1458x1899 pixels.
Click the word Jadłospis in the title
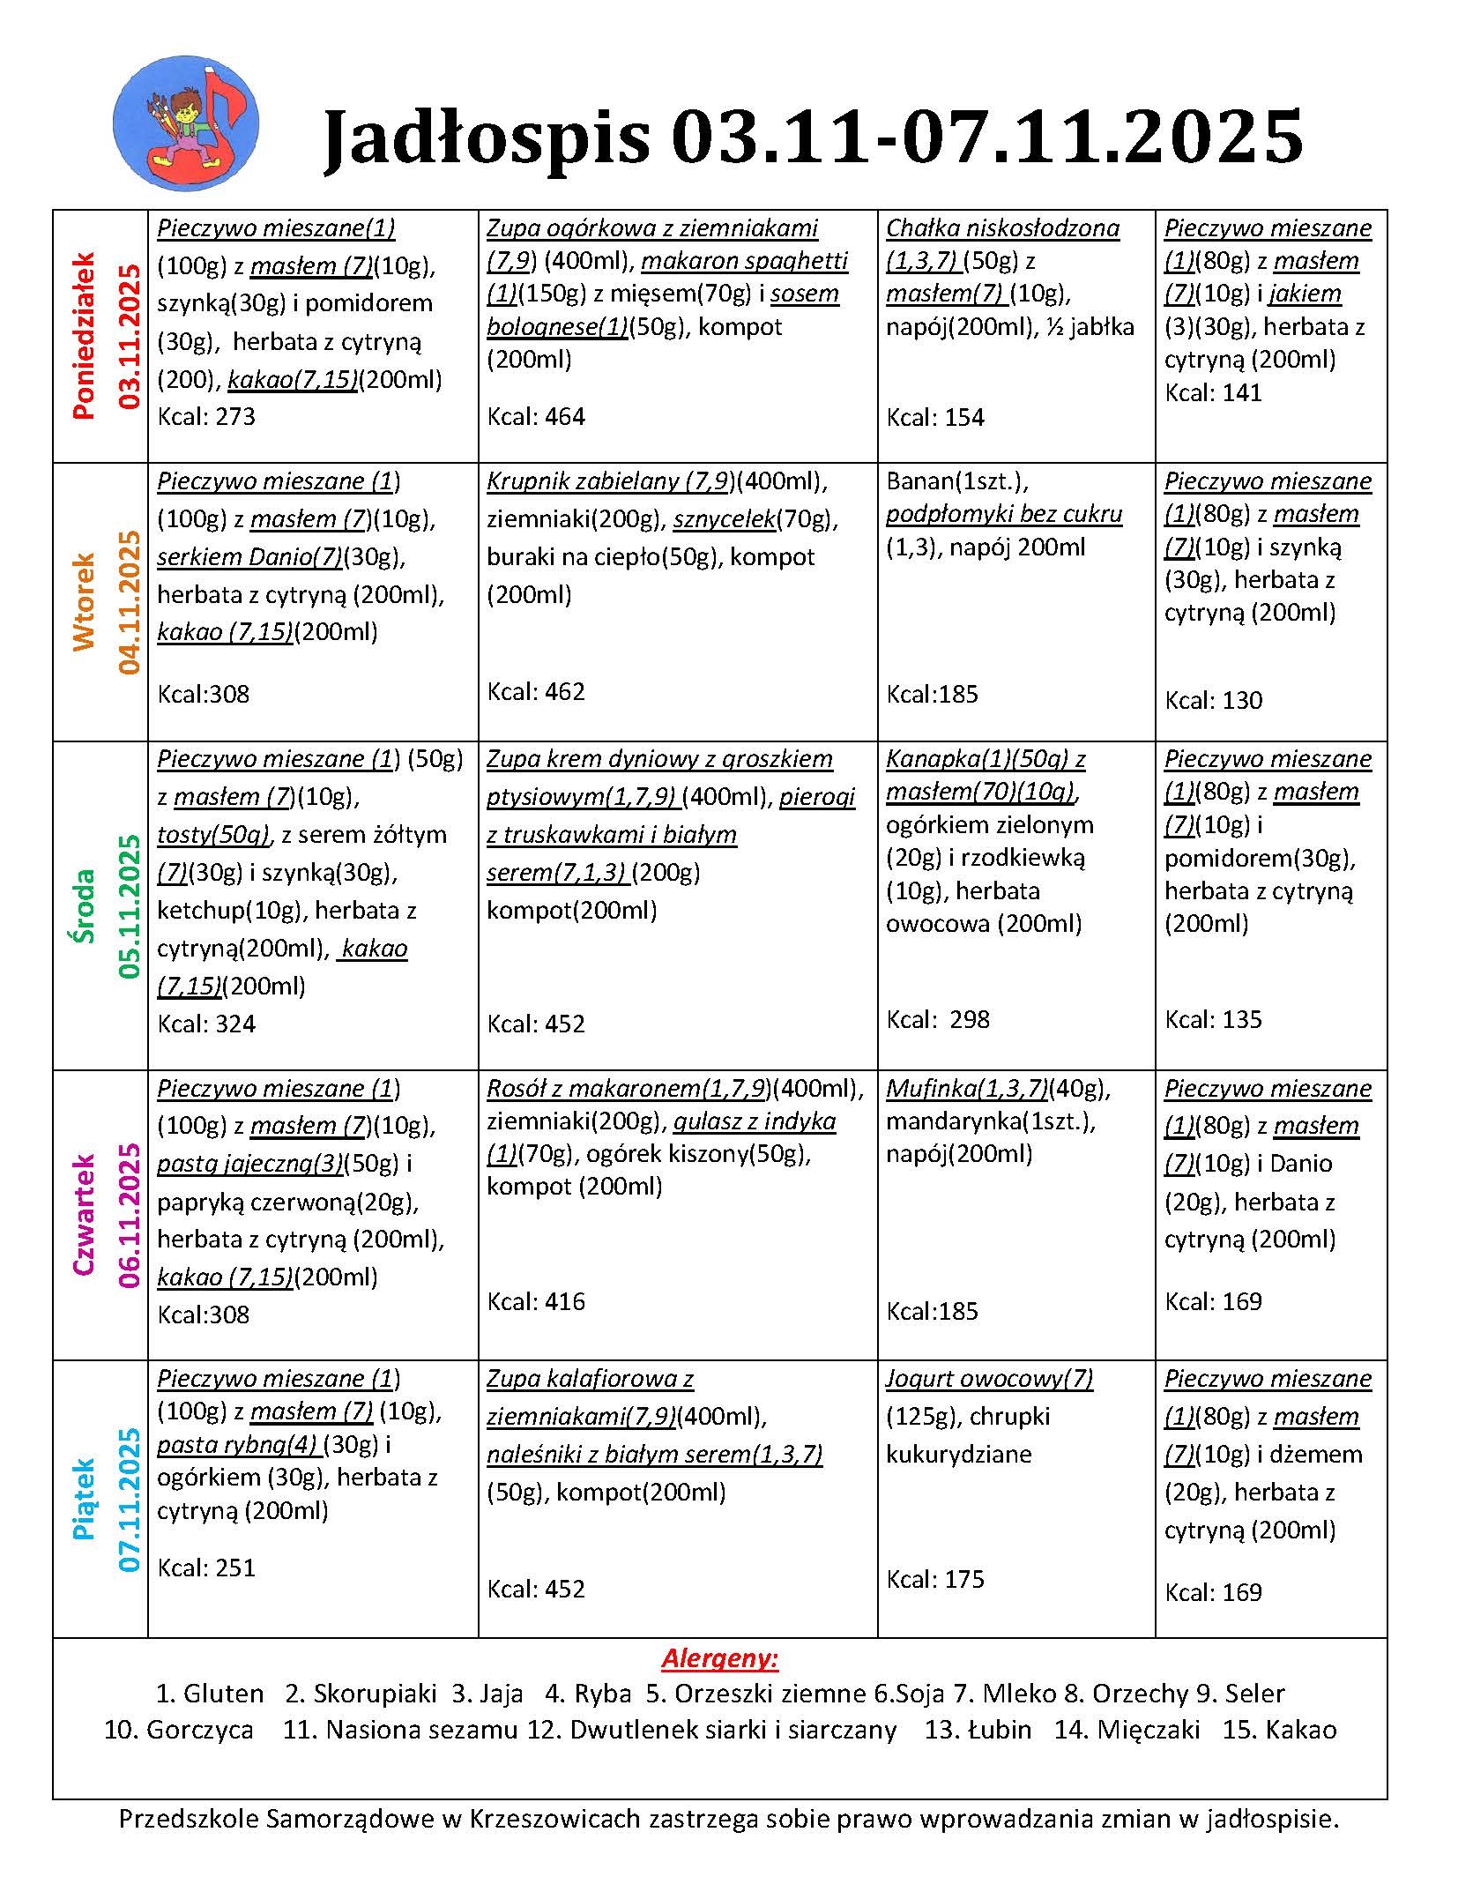pyautogui.click(x=487, y=137)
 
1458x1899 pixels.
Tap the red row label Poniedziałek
pyautogui.click(x=84, y=336)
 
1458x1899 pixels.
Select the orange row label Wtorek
pyautogui.click(x=84, y=602)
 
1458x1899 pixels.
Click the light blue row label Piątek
pyautogui.click(x=84, y=1500)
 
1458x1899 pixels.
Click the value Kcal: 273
pyautogui.click(x=206, y=416)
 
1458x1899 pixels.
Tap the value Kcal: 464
pyautogui.click(x=536, y=416)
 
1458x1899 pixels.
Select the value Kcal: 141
pyautogui.click(x=1213, y=393)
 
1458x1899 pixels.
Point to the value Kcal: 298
pyautogui.click(x=938, y=1019)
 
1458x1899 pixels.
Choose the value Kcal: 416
pyautogui.click(x=536, y=1301)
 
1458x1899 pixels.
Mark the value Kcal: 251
pyautogui.click(x=206, y=1568)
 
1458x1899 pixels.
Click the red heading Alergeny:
pyautogui.click(x=720, y=1659)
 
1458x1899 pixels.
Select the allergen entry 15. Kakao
pyautogui.click(x=1279, y=1730)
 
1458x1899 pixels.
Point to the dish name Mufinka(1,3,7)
pyautogui.click(x=966, y=1089)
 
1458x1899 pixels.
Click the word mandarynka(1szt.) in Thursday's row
pyautogui.click(x=990, y=1121)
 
